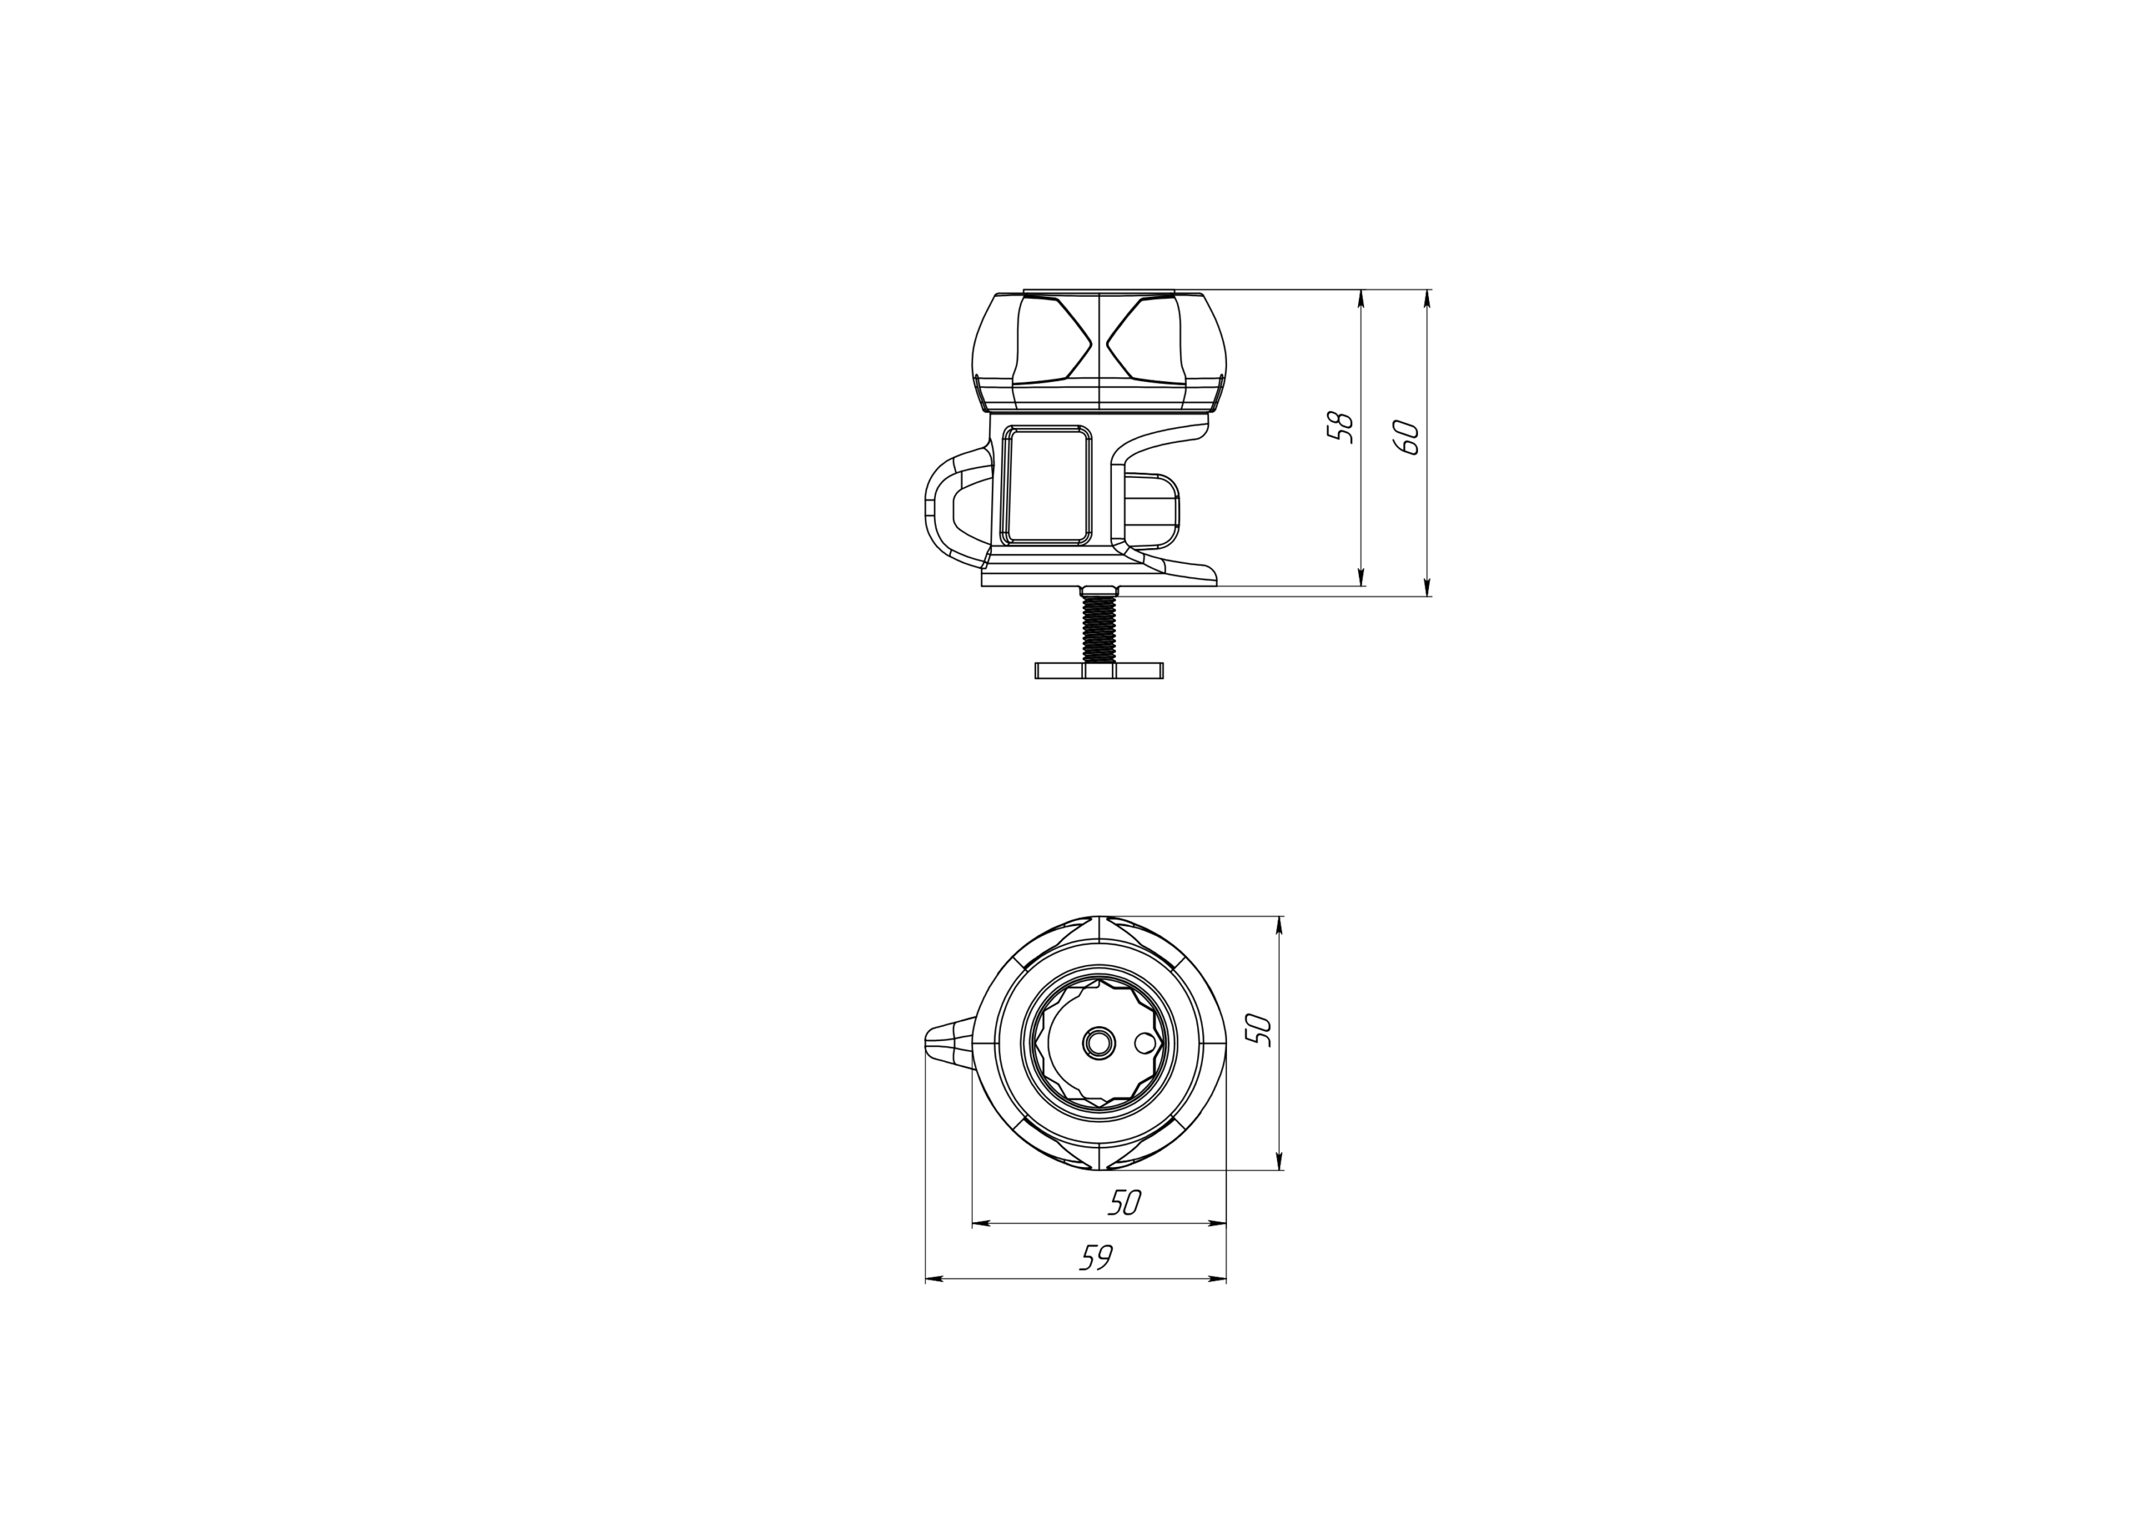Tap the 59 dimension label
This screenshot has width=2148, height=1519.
click(x=1096, y=1257)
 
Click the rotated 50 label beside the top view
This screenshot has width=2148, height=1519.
click(x=1261, y=1030)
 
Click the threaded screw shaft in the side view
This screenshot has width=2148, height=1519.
click(x=1099, y=629)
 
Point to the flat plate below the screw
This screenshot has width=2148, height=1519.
click(x=1099, y=670)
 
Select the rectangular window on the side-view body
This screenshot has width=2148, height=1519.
click(x=1046, y=485)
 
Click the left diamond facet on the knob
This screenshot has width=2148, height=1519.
click(x=1053, y=342)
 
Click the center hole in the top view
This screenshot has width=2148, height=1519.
click(x=1099, y=1043)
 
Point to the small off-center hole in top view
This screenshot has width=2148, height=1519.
click(x=1143, y=1043)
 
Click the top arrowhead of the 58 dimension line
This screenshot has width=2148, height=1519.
click(x=1360, y=298)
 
